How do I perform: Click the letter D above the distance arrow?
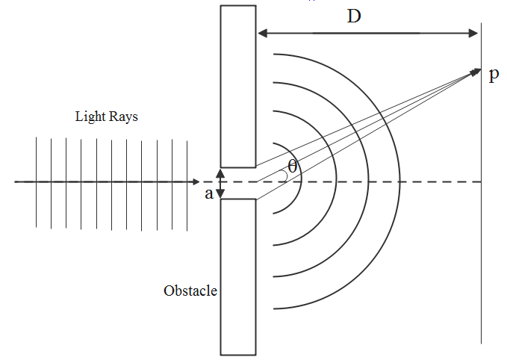[x=354, y=16]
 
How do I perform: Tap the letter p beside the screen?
[x=494, y=76]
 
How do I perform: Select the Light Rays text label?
[x=107, y=117]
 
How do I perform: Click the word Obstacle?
[x=190, y=291]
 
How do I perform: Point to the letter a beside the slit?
[x=209, y=193]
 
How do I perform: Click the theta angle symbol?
[x=292, y=167]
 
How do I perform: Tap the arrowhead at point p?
[x=476, y=71]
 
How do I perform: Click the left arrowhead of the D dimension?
[x=261, y=33]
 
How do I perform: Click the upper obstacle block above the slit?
[x=238, y=86]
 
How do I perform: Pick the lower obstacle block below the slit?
[x=238, y=276]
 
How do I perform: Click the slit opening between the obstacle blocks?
[x=238, y=183]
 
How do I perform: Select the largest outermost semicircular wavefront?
[x=400, y=181]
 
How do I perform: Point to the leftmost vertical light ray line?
[x=36, y=181]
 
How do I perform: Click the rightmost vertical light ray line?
[x=188, y=181]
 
